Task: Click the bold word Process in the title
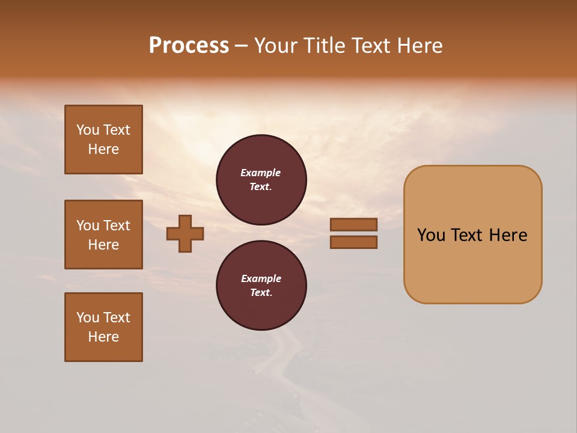189,46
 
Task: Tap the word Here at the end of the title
419,46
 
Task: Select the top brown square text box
103,140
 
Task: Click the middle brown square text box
103,235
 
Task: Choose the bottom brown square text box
103,327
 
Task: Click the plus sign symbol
185,233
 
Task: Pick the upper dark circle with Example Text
261,179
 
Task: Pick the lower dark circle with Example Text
261,285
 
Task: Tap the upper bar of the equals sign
353,224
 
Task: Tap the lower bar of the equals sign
353,242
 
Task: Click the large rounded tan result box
472,265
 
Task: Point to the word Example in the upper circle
261,173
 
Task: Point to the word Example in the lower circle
261,278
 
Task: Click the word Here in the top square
103,149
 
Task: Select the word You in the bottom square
88,318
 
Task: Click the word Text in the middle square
117,226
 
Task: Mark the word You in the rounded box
430,235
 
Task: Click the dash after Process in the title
242,46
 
